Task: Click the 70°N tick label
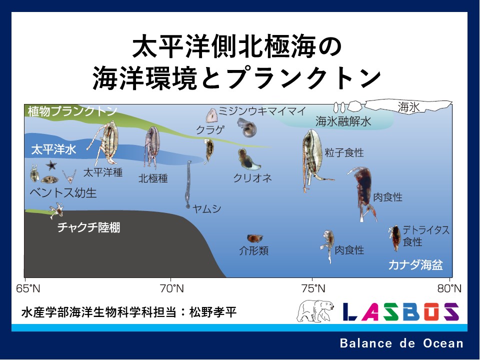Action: (171, 288)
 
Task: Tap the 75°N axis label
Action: (313, 288)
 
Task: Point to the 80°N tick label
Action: (449, 288)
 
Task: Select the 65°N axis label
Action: (28, 288)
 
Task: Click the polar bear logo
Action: (315, 310)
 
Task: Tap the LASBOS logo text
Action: (400, 311)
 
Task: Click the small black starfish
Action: (51, 165)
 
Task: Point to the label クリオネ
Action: (252, 178)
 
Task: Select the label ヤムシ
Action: (207, 209)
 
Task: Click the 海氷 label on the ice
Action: (408, 107)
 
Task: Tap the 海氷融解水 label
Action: (343, 121)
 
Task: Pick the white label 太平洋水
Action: (53, 149)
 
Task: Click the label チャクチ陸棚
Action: (89, 227)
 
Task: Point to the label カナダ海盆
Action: (415, 265)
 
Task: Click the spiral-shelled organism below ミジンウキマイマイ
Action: (246, 127)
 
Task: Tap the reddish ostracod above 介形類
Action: (254, 238)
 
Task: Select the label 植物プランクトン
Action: (72, 111)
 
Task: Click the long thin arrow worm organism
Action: (188, 184)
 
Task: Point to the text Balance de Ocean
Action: (401, 343)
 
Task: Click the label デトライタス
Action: (426, 230)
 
